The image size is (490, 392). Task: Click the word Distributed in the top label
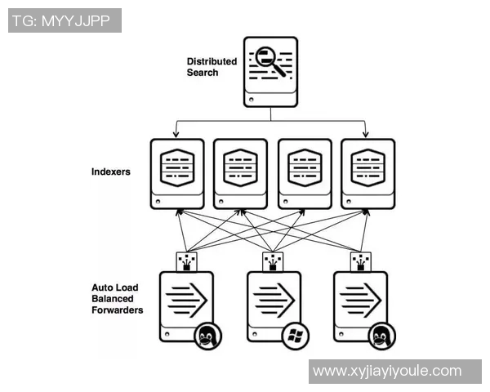pyautogui.click(x=212, y=61)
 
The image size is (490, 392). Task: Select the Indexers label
pyautogui.click(x=110, y=172)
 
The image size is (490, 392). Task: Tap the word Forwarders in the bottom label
pyautogui.click(x=118, y=310)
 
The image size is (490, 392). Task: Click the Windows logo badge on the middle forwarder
pyautogui.click(x=294, y=335)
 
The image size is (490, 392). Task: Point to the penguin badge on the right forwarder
pyautogui.click(x=381, y=335)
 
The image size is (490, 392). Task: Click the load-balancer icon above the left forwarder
pyautogui.click(x=186, y=261)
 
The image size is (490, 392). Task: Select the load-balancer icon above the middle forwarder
pyautogui.click(x=273, y=261)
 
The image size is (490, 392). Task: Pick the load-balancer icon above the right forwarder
pyautogui.click(x=359, y=261)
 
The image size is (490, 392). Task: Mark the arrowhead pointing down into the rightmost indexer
pyautogui.click(x=365, y=133)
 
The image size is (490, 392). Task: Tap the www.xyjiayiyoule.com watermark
pyautogui.click(x=387, y=372)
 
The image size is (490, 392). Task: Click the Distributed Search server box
pyautogui.click(x=270, y=71)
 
